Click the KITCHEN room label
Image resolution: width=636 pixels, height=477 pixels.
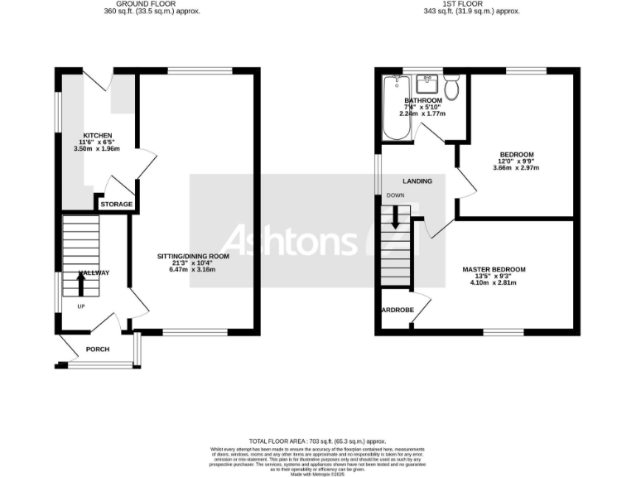pos(97,135)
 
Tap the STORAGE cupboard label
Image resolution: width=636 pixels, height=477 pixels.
pos(116,204)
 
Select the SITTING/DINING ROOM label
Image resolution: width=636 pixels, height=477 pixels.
pos(193,257)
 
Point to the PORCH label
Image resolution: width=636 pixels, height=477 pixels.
pos(98,349)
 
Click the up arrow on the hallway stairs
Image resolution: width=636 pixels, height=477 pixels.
pos(80,284)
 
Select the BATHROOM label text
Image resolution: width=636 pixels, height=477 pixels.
pos(423,100)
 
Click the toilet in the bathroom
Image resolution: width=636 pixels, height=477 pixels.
pos(452,86)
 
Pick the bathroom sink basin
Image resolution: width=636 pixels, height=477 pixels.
pos(427,84)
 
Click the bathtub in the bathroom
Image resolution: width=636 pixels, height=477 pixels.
pos(393,108)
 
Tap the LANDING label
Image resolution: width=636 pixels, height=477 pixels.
pos(417,181)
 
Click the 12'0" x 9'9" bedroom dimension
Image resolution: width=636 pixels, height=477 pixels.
pos(516,161)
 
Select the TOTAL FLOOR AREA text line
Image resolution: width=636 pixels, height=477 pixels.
pos(317,441)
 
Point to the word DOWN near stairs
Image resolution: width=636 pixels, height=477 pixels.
pos(394,195)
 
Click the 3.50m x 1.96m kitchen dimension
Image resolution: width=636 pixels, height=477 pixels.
pos(97,149)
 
